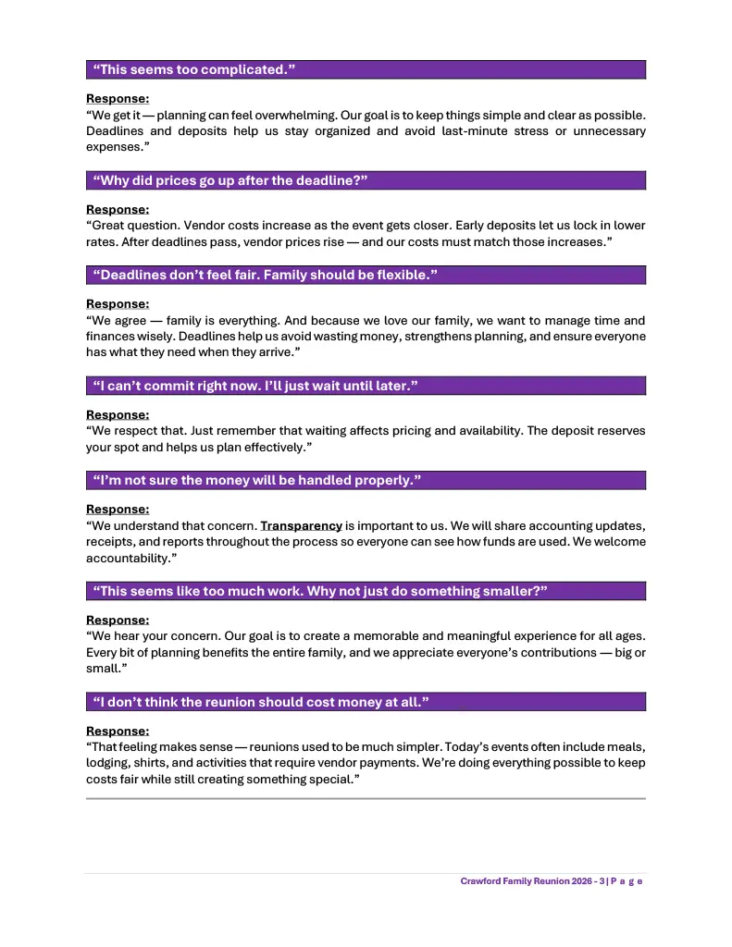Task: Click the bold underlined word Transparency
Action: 302,525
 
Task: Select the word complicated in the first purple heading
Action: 235,70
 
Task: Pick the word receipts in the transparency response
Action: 110,542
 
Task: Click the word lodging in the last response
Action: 107,763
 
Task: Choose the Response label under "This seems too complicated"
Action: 118,98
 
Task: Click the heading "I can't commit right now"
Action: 255,386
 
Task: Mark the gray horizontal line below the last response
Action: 366,798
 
